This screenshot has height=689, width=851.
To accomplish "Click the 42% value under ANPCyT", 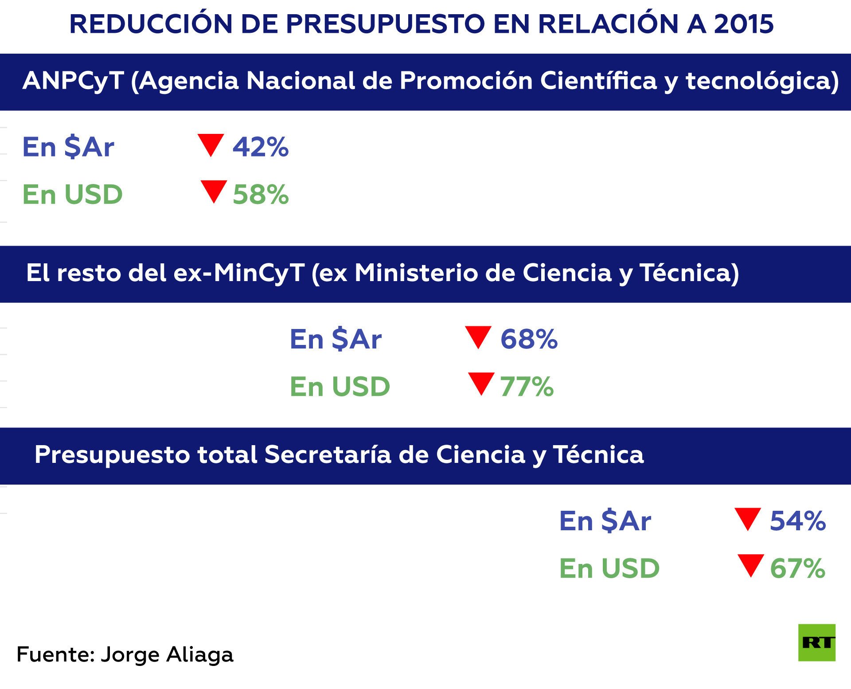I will point(261,147).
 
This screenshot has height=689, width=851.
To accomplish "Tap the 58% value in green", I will point(261,194).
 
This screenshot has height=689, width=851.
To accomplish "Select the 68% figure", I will point(529,339).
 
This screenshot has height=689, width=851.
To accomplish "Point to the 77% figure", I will point(527,387).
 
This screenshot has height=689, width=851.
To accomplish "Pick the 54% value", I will point(798,521).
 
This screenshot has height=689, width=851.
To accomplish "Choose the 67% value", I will point(797,568).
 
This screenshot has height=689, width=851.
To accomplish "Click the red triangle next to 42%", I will point(211,144).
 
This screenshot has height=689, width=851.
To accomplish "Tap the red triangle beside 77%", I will point(481,383).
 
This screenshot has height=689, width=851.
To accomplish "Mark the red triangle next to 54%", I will point(748,518).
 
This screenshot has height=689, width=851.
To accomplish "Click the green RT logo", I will point(817,642).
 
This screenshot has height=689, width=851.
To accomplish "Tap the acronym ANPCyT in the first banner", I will point(73,81).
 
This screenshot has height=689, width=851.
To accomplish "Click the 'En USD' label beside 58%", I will point(73,194).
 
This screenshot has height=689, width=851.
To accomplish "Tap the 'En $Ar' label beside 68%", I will point(336,339).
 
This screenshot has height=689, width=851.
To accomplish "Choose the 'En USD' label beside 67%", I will point(609,568).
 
